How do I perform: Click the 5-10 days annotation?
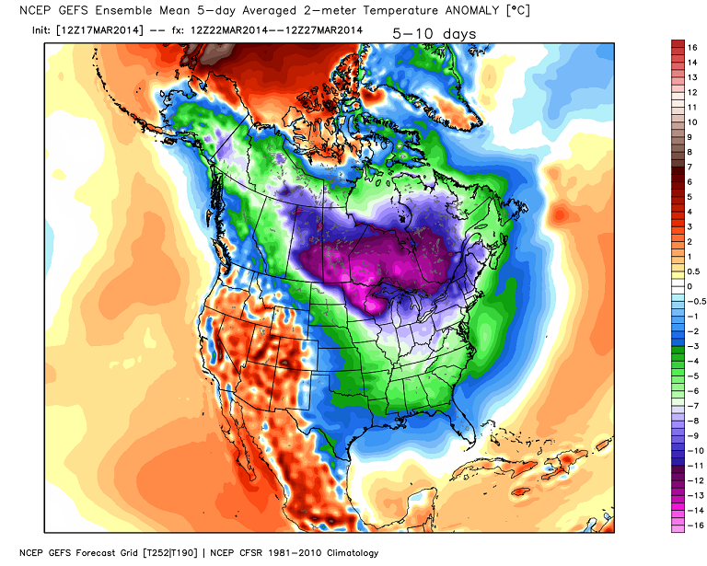pos(435,32)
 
